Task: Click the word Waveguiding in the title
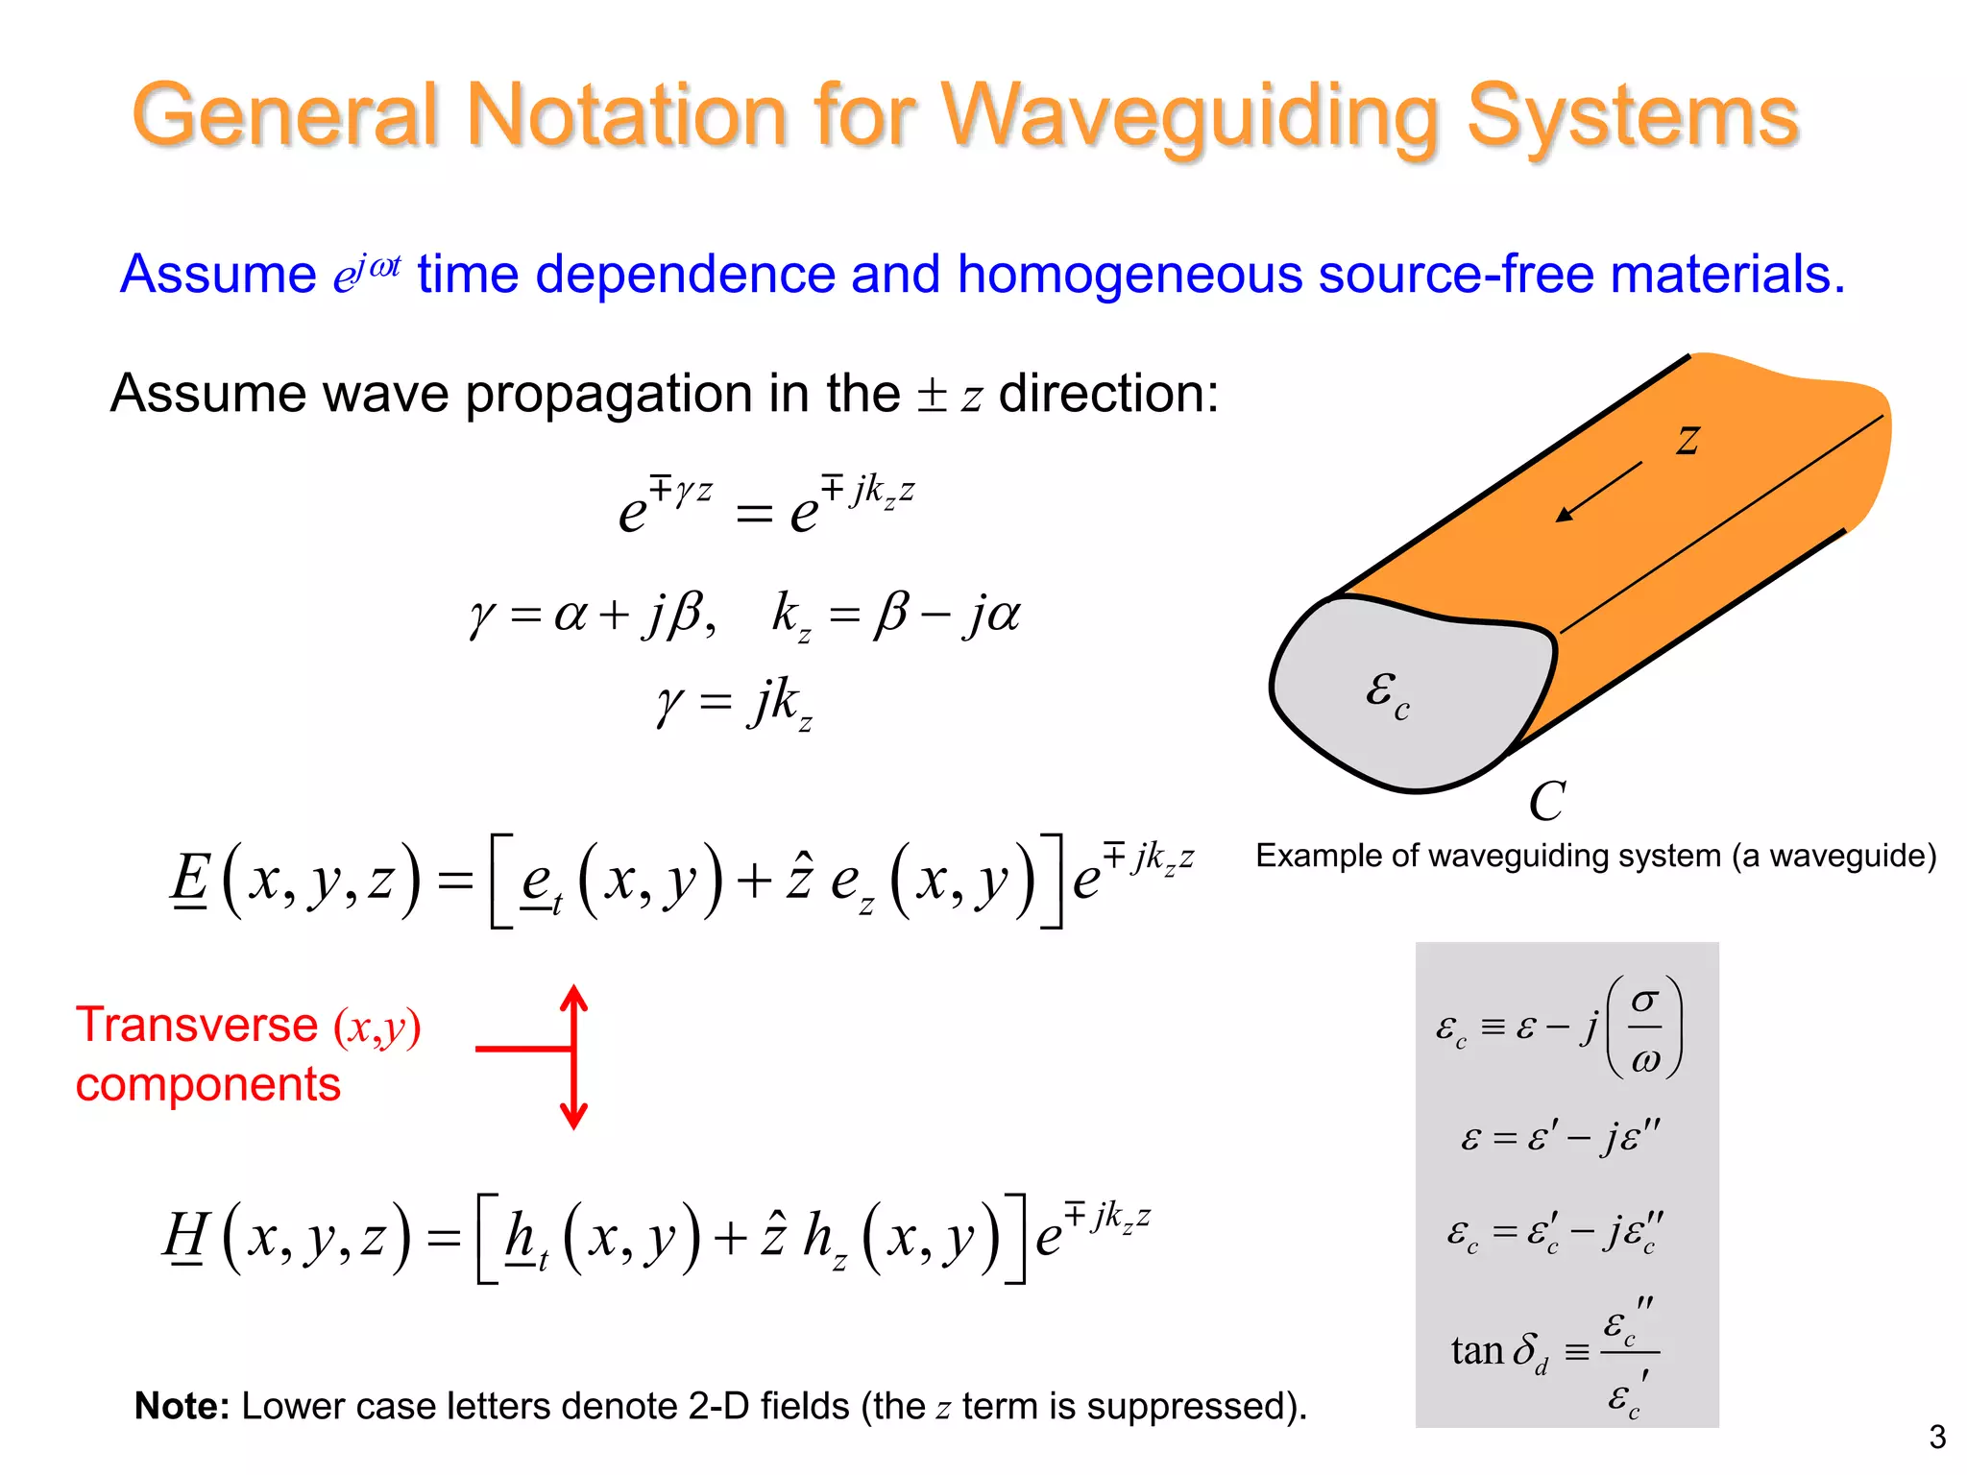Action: click(1191, 117)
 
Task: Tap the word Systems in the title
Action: click(1632, 117)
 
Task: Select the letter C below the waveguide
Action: click(1546, 801)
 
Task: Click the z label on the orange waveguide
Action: click(1688, 439)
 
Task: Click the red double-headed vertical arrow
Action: click(573, 1056)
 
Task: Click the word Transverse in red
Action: click(197, 1025)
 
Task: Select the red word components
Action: click(208, 1085)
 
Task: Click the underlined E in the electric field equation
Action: click(190, 880)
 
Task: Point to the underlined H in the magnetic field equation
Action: click(185, 1236)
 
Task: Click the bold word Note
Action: click(182, 1406)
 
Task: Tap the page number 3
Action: click(1937, 1437)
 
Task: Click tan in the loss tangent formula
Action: click(1476, 1351)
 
